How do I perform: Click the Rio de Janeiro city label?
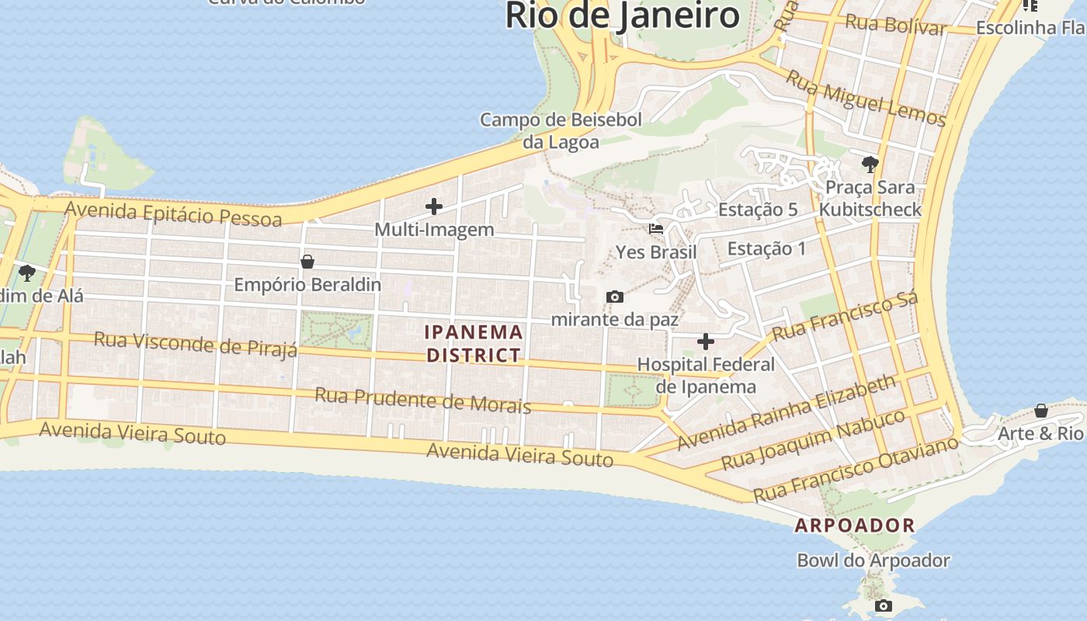coord(622,16)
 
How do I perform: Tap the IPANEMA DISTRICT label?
coord(474,343)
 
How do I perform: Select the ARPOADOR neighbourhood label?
coord(855,526)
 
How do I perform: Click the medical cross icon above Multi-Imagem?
coord(434,206)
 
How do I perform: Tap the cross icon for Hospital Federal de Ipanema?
coord(706,342)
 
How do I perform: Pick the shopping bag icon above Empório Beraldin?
coord(307,262)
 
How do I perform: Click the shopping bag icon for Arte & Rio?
coord(1040,411)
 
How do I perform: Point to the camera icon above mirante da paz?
coord(614,297)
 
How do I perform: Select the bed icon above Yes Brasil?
coord(656,229)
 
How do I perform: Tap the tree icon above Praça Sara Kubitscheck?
coord(870,164)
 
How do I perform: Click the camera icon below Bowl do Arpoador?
coord(883,605)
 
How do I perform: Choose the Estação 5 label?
coord(758,210)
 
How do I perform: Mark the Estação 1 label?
coord(766,248)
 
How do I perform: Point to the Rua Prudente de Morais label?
coord(422,401)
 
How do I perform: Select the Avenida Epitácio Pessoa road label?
coord(173,213)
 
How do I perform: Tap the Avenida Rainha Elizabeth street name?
coord(786,413)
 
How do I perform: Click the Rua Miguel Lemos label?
coord(866,98)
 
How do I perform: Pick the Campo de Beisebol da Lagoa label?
coord(561,130)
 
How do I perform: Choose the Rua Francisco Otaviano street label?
coord(856,470)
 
